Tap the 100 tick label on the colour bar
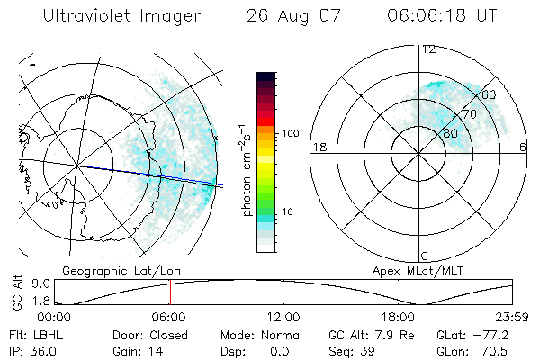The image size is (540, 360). [290, 133]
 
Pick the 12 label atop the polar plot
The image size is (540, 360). [428, 49]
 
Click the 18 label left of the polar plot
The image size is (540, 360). [318, 147]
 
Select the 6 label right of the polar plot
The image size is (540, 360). [523, 147]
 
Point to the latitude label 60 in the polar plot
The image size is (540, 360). [490, 94]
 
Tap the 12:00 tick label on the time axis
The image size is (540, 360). [283, 317]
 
